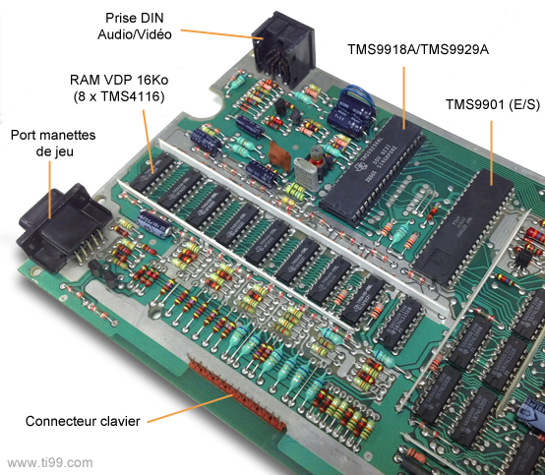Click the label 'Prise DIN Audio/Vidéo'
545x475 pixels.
click(x=135, y=26)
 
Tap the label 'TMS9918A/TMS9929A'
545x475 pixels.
click(x=418, y=49)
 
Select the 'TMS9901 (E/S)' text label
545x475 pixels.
click(x=493, y=104)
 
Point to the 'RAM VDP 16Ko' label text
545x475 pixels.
click(x=119, y=80)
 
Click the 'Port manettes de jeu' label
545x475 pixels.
click(x=53, y=144)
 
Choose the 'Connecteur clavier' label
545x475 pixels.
click(x=83, y=421)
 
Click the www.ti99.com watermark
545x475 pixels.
click(x=50, y=463)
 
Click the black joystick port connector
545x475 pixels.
click(x=63, y=226)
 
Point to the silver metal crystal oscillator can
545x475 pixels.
click(x=306, y=174)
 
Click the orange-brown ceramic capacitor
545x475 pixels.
click(x=279, y=156)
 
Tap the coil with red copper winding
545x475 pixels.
click(x=317, y=161)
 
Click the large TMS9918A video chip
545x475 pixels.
click(x=372, y=170)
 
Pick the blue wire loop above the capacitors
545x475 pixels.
click(x=357, y=95)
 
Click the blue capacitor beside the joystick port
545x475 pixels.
click(x=154, y=224)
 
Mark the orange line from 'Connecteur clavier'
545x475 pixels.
click(x=190, y=408)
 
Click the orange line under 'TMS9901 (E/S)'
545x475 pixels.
click(x=492, y=152)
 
